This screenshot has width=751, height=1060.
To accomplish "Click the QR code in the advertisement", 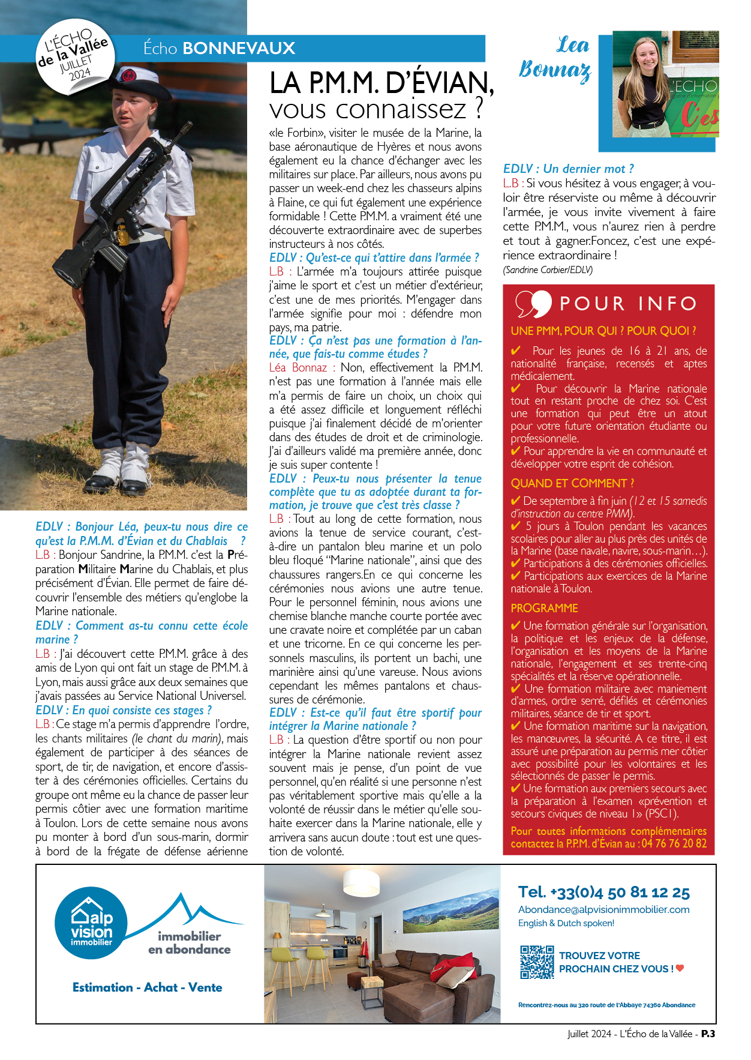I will click(x=537, y=962).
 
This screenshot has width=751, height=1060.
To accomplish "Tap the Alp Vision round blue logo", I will click(x=91, y=923).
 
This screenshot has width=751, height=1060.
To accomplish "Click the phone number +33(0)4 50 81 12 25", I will click(x=603, y=893).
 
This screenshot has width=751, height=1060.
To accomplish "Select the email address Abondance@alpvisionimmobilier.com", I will click(x=603, y=909).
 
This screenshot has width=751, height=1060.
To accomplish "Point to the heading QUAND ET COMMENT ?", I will click(x=572, y=483).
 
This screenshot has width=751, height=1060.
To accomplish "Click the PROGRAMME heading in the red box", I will click(x=544, y=608).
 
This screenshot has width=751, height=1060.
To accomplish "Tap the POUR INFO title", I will click(x=627, y=304).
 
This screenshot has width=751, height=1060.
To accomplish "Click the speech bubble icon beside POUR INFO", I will click(x=533, y=303).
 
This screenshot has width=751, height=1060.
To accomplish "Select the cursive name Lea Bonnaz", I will click(x=555, y=58).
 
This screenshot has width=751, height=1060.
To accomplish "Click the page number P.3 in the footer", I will click(x=708, y=1034).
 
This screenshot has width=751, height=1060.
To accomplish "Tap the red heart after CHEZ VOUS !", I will click(x=680, y=968).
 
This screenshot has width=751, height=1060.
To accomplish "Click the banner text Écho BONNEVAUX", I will click(x=219, y=49).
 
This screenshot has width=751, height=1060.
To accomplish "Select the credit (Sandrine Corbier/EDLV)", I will click(x=548, y=270).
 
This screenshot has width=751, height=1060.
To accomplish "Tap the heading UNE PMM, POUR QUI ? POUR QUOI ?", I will click(x=603, y=331).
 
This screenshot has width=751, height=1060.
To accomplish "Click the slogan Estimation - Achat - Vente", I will click(x=147, y=987).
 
